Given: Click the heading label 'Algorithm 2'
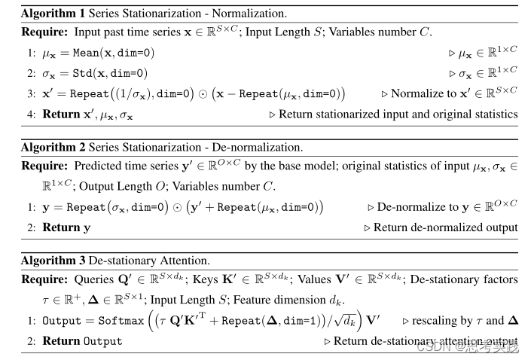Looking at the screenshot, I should click(x=52, y=147).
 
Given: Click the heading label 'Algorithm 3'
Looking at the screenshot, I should click(x=52, y=261).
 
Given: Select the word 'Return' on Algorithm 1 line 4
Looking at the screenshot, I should click(x=59, y=114).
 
